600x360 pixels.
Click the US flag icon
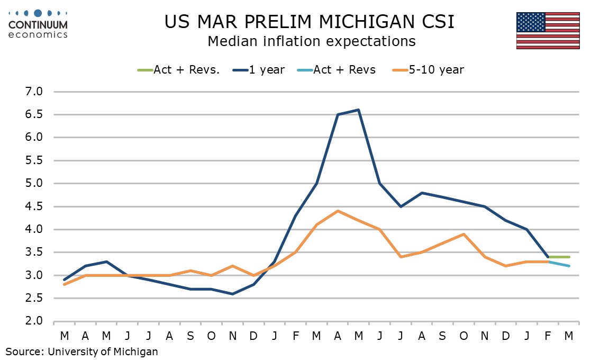(x=548, y=31)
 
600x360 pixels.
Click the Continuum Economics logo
(x=38, y=24)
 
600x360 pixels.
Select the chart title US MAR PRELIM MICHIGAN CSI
(x=310, y=22)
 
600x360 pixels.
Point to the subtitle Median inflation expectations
(x=311, y=41)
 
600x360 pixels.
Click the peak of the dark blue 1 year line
(x=359, y=110)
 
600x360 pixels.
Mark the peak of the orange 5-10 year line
(x=338, y=211)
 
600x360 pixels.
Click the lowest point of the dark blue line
(x=233, y=294)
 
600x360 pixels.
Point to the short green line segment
(x=559, y=257)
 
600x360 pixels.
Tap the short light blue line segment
(x=559, y=264)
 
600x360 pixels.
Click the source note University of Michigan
(x=81, y=350)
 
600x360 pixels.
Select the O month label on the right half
(x=464, y=336)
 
